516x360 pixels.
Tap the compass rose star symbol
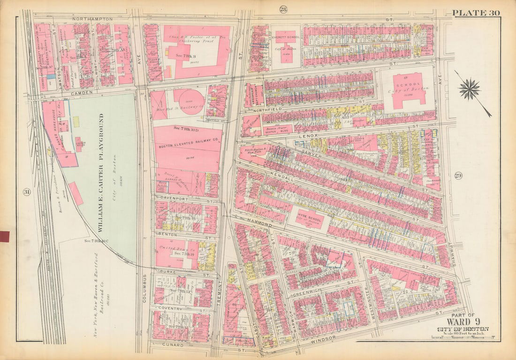[x=470, y=89]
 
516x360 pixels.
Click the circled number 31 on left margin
[x=26, y=191]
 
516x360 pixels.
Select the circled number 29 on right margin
[x=458, y=176]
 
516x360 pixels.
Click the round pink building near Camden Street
[x=189, y=100]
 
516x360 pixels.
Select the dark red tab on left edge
[x=4, y=236]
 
